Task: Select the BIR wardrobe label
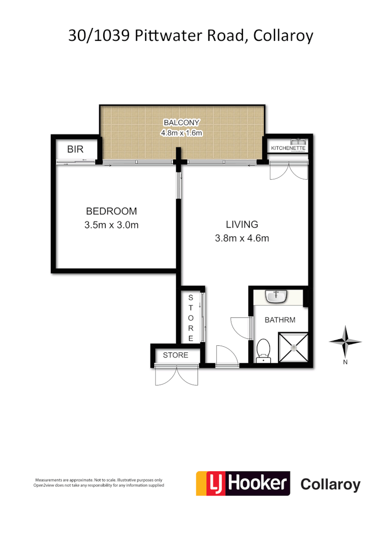point(75,148)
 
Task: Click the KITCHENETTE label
point(288,148)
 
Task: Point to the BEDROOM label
point(111,211)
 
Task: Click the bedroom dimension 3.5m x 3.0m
point(111,225)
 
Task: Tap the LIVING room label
point(242,224)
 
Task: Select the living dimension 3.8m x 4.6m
point(242,238)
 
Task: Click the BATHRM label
point(280,320)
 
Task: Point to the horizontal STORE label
point(176,355)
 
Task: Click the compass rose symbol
point(345,341)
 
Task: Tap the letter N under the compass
point(345,362)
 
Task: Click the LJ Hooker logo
point(242,483)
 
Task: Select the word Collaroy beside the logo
point(330,484)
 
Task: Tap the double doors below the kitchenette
point(287,171)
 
